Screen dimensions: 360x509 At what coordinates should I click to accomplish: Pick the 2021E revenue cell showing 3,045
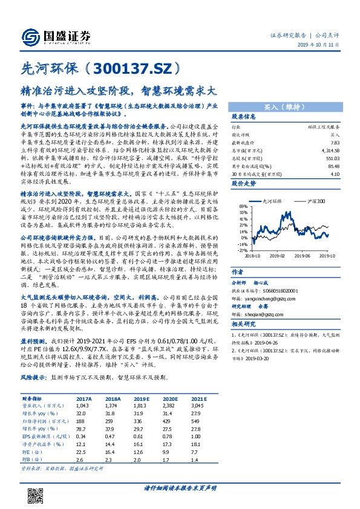[x=198, y=406]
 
